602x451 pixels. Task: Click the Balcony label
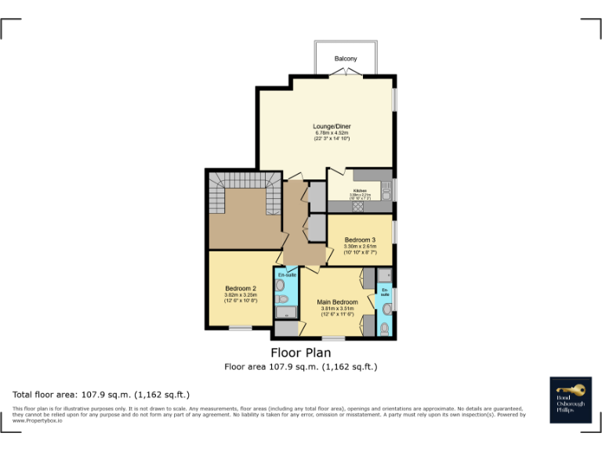coord(346,59)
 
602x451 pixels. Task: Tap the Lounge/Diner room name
coord(332,126)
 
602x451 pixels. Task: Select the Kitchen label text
coord(360,190)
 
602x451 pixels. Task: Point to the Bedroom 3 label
coord(360,239)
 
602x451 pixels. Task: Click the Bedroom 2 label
coord(241,288)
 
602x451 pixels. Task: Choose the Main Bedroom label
coord(337,301)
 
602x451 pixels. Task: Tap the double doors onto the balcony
coord(346,73)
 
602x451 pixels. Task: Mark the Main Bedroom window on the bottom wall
coord(333,338)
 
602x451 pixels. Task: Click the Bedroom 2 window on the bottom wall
coord(240,328)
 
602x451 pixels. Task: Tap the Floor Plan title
coord(300,353)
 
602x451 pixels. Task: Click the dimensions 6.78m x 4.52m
coord(332,133)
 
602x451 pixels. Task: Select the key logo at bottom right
coord(571,388)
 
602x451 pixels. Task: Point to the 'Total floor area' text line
coord(100,395)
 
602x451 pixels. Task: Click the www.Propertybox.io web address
coord(38,420)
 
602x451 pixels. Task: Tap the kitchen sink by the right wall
coord(386,189)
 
